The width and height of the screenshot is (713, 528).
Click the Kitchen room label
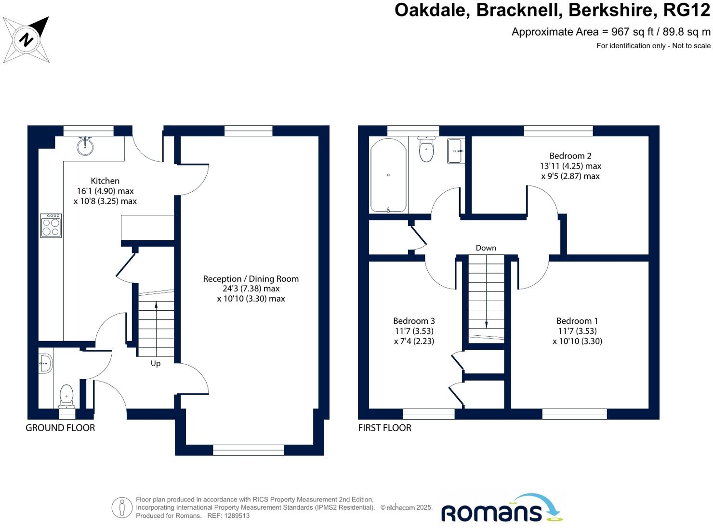105,181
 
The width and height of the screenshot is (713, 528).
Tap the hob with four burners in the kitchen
51,226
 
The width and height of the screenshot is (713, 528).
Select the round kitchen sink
85,146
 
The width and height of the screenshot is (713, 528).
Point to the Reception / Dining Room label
251,279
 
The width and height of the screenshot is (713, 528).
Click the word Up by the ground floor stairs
156,363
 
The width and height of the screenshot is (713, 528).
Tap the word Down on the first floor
486,248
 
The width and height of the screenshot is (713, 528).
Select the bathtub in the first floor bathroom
388,175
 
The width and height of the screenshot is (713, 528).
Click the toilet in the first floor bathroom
426,149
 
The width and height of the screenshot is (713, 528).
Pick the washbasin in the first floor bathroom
456,151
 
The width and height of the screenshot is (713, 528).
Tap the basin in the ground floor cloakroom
45,363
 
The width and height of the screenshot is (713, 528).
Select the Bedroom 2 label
570,156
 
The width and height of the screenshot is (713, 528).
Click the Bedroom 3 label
414,321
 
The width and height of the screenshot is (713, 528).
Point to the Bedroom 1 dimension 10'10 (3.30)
577,341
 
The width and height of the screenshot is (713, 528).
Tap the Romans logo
502,508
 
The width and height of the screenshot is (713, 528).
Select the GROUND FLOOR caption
60,428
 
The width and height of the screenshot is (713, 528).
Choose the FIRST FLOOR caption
385,428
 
